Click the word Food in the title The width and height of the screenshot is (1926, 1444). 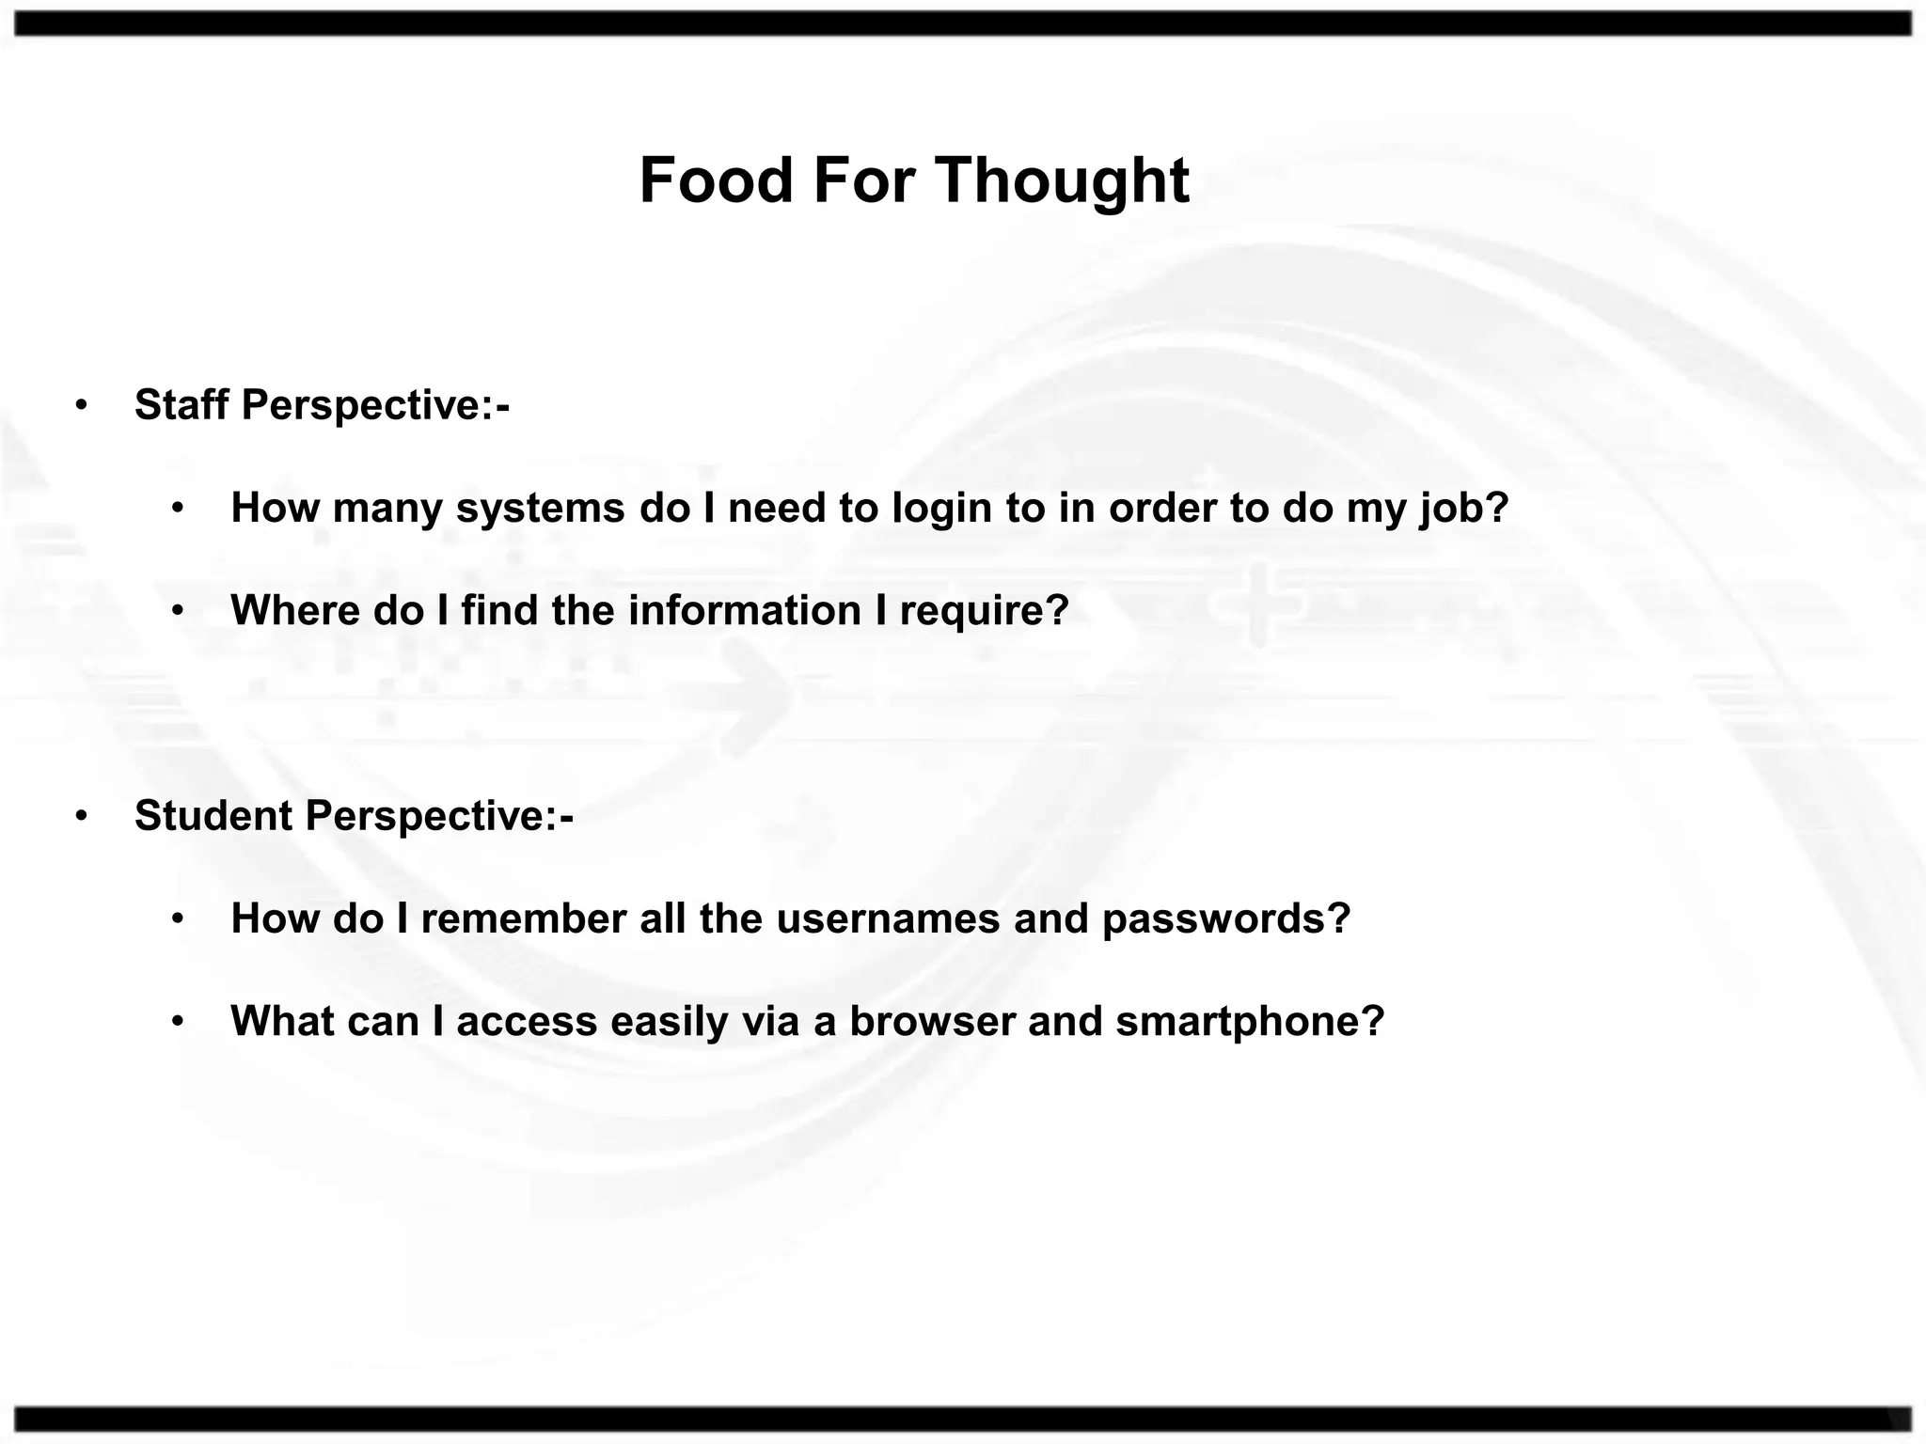pyautogui.click(x=717, y=180)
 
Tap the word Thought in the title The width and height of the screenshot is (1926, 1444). pyautogui.click(x=1062, y=180)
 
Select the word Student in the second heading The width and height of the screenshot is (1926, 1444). pyautogui.click(x=213, y=816)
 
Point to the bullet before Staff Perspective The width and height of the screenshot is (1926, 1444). pyautogui.click(x=82, y=406)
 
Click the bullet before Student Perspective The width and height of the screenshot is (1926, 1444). pyautogui.click(x=82, y=816)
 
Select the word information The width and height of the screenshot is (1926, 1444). pyautogui.click(x=745, y=610)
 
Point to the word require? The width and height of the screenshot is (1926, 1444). pyautogui.click(x=985, y=611)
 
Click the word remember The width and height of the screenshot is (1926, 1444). pyautogui.click(x=524, y=918)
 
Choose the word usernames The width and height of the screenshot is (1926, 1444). pyautogui.click(x=888, y=918)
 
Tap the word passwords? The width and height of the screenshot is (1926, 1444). pyautogui.click(x=1226, y=918)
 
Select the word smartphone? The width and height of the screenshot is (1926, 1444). pyautogui.click(x=1250, y=1022)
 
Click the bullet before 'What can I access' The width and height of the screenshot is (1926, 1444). pyautogui.click(x=179, y=1021)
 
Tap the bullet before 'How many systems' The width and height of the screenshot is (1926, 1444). pyautogui.click(x=179, y=509)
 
